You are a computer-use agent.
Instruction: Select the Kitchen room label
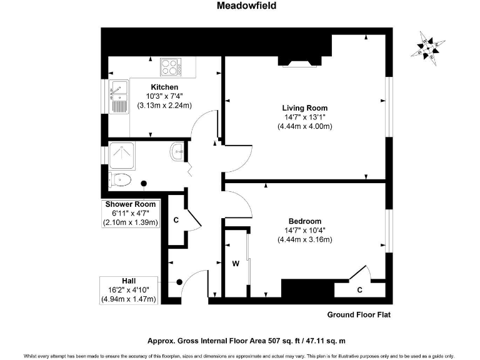coord(164,87)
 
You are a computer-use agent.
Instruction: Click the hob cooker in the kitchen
coord(169,66)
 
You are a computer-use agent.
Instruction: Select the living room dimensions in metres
coord(304,126)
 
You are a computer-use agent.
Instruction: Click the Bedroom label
coord(304,221)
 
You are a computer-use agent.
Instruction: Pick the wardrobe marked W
coord(236,263)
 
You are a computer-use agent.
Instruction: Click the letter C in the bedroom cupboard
coord(359,289)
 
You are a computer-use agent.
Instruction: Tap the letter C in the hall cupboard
coord(176,220)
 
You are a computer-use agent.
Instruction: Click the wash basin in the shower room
coord(178,150)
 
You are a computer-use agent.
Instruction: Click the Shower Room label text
coord(130,204)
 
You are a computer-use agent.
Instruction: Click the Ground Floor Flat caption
coord(359,314)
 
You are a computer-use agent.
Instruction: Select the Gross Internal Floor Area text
coord(246,341)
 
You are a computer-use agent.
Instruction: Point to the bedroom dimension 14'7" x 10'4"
coord(304,231)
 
